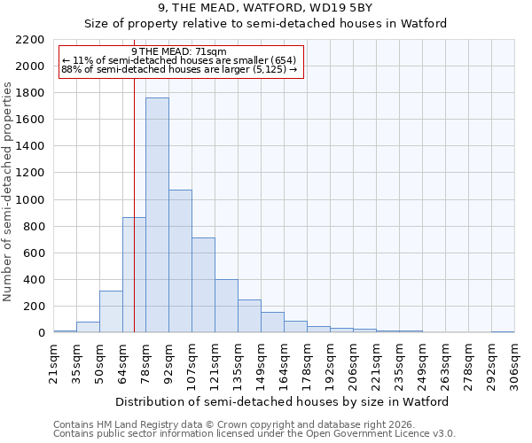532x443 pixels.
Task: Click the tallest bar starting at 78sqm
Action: click(157, 215)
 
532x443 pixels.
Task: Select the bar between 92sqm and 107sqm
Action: click(180, 261)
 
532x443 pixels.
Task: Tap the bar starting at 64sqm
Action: click(134, 275)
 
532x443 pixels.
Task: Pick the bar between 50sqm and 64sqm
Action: click(111, 312)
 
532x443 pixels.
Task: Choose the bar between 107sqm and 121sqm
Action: click(203, 285)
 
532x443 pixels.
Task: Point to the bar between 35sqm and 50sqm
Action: click(88, 327)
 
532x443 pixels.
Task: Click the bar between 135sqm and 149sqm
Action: click(249, 316)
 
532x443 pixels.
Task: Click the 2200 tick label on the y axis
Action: click(30, 40)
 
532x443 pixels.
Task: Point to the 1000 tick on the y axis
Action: click(30, 200)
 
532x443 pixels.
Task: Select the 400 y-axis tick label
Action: click(34, 280)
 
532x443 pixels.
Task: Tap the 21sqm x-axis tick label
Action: click(53, 362)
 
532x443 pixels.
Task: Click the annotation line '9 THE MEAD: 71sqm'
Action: click(179, 51)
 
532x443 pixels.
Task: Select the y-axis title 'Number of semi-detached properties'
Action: click(9, 191)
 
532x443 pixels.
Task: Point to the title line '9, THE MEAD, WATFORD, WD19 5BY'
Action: click(265, 8)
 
